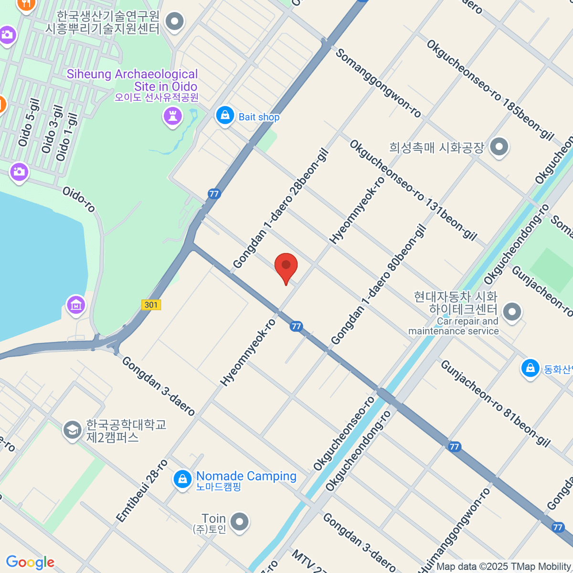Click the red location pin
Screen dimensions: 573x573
[286, 266]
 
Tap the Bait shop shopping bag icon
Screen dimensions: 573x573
[224, 116]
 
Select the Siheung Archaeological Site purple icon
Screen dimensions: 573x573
[172, 116]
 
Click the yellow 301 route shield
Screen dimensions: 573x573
[151, 305]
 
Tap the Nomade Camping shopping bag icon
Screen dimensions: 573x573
[182, 479]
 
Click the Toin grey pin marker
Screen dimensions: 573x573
[239, 522]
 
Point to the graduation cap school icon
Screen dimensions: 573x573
[72, 430]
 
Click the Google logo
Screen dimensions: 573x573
[30, 562]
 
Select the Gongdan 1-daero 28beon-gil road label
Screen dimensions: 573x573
[281, 209]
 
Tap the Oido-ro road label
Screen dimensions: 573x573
[79, 199]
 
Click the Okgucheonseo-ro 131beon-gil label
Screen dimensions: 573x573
[413, 190]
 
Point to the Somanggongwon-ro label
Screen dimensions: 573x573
[378, 83]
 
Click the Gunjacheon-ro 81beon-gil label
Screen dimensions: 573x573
[495, 403]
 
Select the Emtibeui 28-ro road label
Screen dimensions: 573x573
[142, 490]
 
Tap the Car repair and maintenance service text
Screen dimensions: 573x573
[454, 326]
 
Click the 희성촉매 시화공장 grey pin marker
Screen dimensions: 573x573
[499, 147]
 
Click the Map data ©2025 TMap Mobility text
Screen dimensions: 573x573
[504, 567]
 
